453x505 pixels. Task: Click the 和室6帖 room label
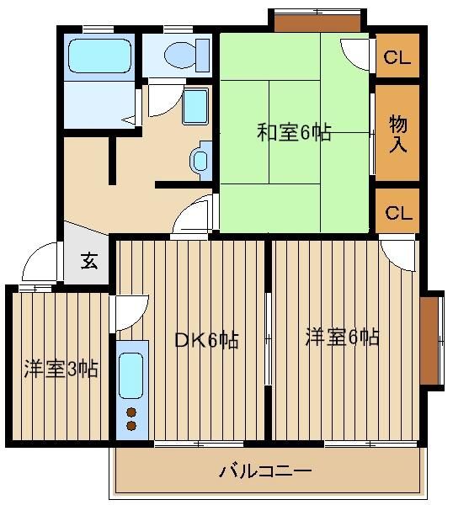click(x=294, y=132)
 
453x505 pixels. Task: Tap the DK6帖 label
click(x=206, y=340)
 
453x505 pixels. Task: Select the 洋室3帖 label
click(x=61, y=369)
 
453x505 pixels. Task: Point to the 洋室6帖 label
click(x=342, y=337)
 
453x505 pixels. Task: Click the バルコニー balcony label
click(x=265, y=471)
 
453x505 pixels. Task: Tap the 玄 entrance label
click(x=89, y=261)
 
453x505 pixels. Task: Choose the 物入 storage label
click(x=398, y=134)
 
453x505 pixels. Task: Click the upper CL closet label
click(x=397, y=57)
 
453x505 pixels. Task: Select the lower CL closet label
click(x=398, y=213)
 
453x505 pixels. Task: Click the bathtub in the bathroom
click(x=100, y=56)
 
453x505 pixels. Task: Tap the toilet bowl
click(x=180, y=56)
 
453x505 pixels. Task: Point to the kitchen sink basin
click(x=131, y=375)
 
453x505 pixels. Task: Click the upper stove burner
click(x=131, y=412)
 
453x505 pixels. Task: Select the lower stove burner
click(x=131, y=426)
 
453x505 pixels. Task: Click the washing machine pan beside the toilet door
click(x=195, y=107)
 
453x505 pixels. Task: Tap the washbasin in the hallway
click(x=200, y=161)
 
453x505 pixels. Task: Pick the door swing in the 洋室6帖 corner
click(x=398, y=253)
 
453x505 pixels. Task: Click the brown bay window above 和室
click(x=317, y=24)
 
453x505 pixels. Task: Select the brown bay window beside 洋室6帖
click(x=429, y=340)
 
